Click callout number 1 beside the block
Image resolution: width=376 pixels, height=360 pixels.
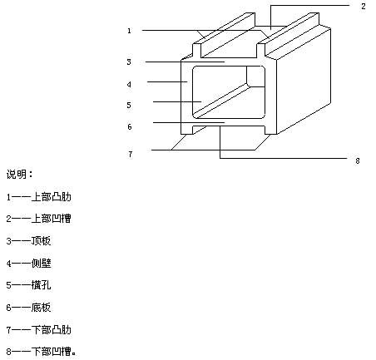(x=129, y=31)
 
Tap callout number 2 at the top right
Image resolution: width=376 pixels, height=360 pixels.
(x=364, y=7)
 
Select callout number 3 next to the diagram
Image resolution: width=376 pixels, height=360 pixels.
(x=129, y=62)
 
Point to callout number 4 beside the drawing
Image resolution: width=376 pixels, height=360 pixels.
(x=129, y=85)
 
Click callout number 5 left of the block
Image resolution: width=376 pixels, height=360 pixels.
(x=129, y=106)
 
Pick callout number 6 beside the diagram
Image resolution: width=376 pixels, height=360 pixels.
(x=130, y=127)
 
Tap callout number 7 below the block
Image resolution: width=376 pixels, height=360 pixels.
(x=131, y=154)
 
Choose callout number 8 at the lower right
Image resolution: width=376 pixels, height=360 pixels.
(x=358, y=161)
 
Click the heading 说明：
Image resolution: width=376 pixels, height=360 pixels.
(x=19, y=175)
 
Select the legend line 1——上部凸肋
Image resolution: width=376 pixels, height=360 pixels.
(x=39, y=197)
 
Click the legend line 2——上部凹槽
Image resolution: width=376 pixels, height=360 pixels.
(x=39, y=219)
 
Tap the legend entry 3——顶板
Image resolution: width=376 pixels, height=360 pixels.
(x=28, y=241)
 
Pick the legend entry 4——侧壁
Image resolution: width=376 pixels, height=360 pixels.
(x=28, y=263)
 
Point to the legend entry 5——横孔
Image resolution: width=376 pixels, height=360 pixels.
(x=28, y=285)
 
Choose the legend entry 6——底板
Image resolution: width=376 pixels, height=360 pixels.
(x=28, y=308)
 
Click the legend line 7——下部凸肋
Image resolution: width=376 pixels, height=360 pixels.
(x=39, y=330)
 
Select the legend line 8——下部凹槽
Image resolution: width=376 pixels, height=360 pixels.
(x=41, y=352)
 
